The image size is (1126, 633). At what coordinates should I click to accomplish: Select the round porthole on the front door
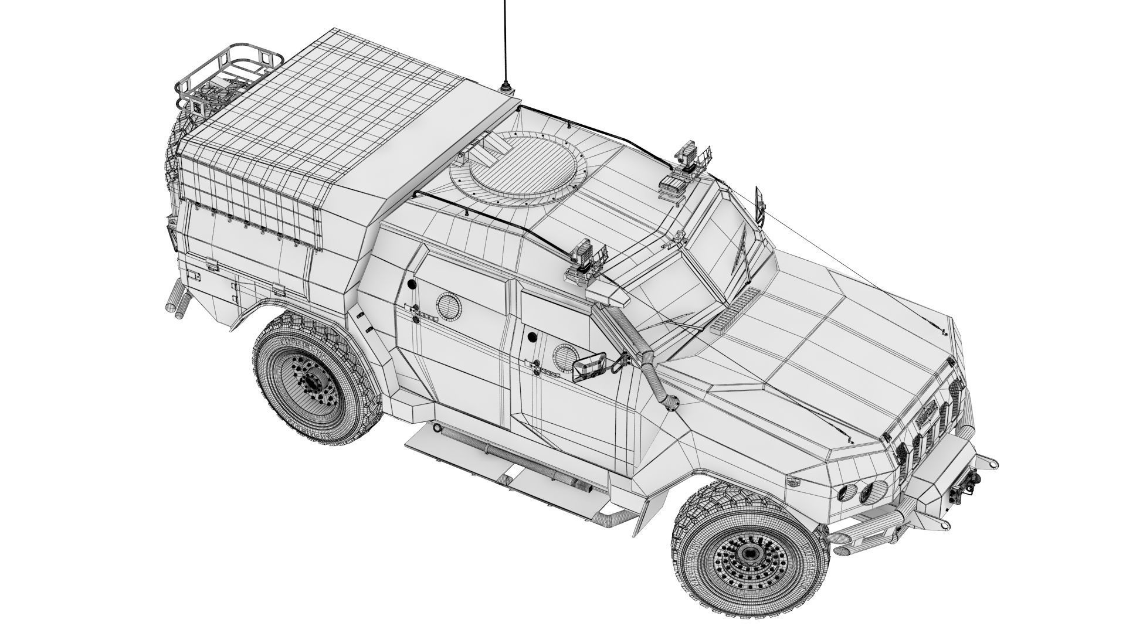tap(564, 355)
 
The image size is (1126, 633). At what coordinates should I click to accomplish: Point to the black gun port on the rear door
tap(411, 284)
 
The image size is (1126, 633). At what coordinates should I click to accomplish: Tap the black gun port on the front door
tap(532, 337)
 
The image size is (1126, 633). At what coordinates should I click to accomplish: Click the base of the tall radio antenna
tap(506, 90)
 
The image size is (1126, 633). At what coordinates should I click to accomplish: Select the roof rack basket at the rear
tap(229, 76)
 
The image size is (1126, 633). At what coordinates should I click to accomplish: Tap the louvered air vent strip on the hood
tap(738, 308)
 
